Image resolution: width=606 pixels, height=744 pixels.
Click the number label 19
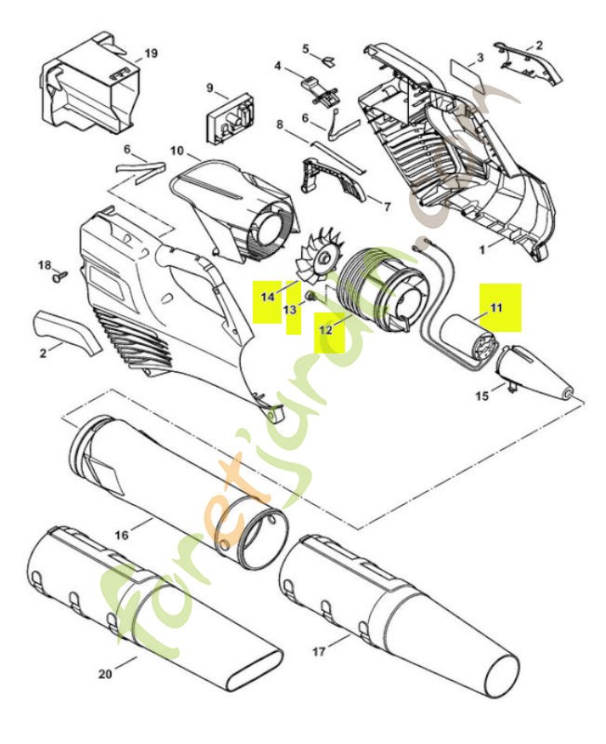click(x=151, y=54)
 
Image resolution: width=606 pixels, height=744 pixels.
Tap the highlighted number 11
click(x=495, y=307)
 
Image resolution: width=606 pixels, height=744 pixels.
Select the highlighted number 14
click(x=268, y=297)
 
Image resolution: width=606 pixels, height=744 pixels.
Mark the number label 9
click(x=210, y=89)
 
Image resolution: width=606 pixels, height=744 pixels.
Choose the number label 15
click(x=481, y=396)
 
